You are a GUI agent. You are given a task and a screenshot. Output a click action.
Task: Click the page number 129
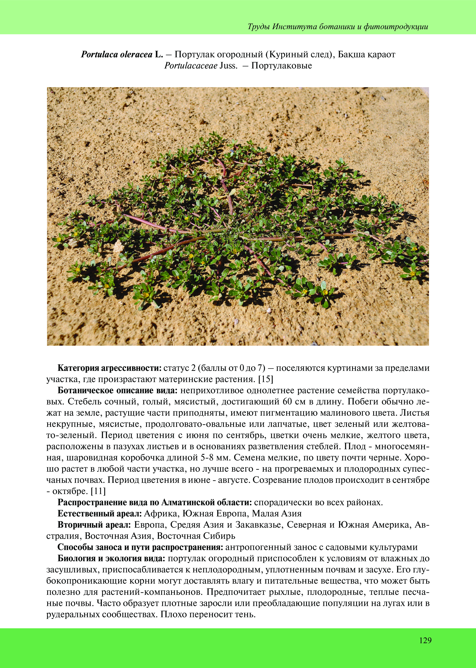tap(425, 640)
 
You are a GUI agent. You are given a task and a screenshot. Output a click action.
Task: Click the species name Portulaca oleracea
tap(117, 55)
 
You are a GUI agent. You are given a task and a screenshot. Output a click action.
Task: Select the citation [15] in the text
tap(265, 379)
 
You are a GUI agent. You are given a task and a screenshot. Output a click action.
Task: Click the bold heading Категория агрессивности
tap(110, 368)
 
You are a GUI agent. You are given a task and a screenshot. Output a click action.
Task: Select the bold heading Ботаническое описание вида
tap(118, 390)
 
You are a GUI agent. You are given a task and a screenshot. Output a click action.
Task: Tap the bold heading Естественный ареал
tap(100, 513)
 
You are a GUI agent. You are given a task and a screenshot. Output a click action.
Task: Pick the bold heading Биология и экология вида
tap(112, 558)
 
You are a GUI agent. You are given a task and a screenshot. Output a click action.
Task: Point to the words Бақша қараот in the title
tap(366, 55)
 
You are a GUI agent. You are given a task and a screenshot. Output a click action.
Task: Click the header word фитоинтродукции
tap(396, 27)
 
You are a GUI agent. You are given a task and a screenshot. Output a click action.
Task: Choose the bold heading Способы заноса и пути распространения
tap(140, 547)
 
